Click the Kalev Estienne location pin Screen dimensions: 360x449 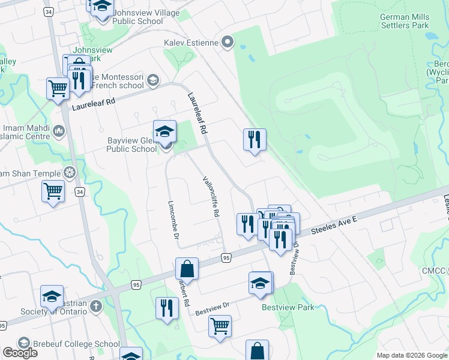(228, 42)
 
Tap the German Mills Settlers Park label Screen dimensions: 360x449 (404, 21)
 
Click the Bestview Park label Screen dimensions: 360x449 (288, 307)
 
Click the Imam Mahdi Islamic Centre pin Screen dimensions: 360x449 (59, 130)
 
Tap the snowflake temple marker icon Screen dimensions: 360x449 (70, 173)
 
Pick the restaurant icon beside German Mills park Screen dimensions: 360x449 (255, 140)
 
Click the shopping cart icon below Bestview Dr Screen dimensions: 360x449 (220, 327)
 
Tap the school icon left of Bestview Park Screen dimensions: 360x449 (261, 283)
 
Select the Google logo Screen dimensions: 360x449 (20, 353)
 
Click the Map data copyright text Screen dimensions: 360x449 (411, 355)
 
